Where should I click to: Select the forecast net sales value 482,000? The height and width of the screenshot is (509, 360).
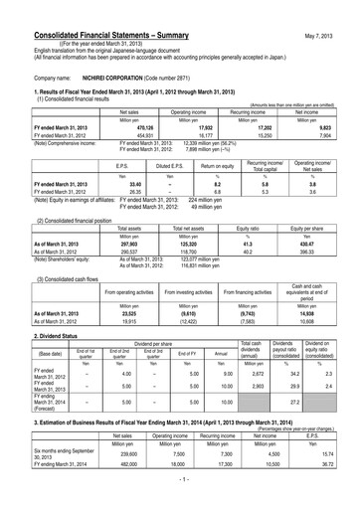(123, 478)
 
